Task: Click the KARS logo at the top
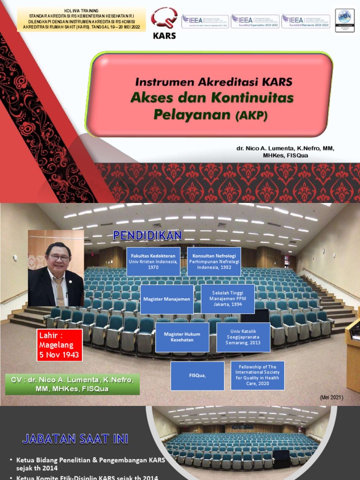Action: [x=164, y=23]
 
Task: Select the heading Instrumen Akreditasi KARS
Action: [x=214, y=82]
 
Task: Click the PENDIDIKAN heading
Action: [x=147, y=236]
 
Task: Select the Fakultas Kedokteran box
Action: [x=153, y=262]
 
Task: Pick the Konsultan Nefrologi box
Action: [x=214, y=262]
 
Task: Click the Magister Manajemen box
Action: [x=167, y=299]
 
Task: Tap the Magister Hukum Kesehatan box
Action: [x=182, y=337]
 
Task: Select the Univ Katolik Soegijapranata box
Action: [x=243, y=337]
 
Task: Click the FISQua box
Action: [x=197, y=375]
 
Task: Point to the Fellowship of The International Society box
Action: [x=257, y=375]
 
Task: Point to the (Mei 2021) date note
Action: [x=331, y=397]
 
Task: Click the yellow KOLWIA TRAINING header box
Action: [x=81, y=19]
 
